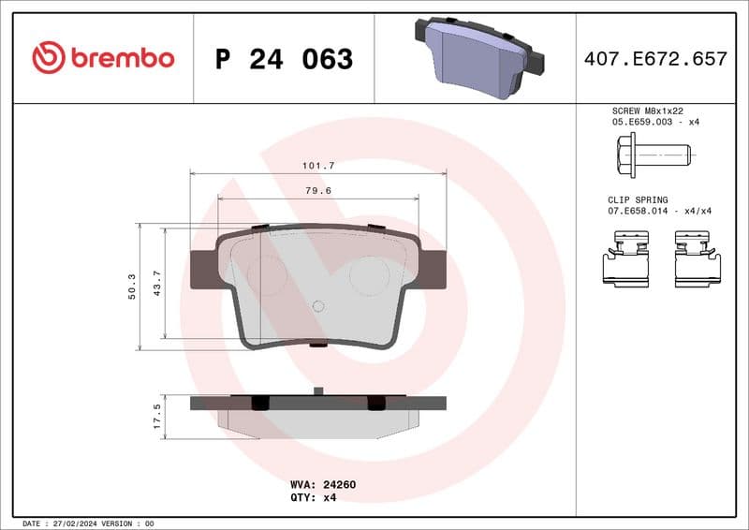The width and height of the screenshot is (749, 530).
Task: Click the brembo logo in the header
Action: pos(103,58)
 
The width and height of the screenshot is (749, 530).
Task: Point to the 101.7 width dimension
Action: pos(318,165)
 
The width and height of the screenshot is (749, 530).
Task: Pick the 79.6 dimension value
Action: pos(318,190)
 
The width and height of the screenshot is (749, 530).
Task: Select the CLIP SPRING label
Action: pos(639,200)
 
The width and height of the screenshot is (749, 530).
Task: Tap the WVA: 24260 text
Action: pos(323,485)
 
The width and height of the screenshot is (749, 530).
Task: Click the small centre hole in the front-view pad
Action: pos(317,305)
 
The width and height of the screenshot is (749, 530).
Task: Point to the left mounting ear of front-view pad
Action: pos(206,270)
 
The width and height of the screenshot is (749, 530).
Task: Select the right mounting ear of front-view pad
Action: pos(430,270)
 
